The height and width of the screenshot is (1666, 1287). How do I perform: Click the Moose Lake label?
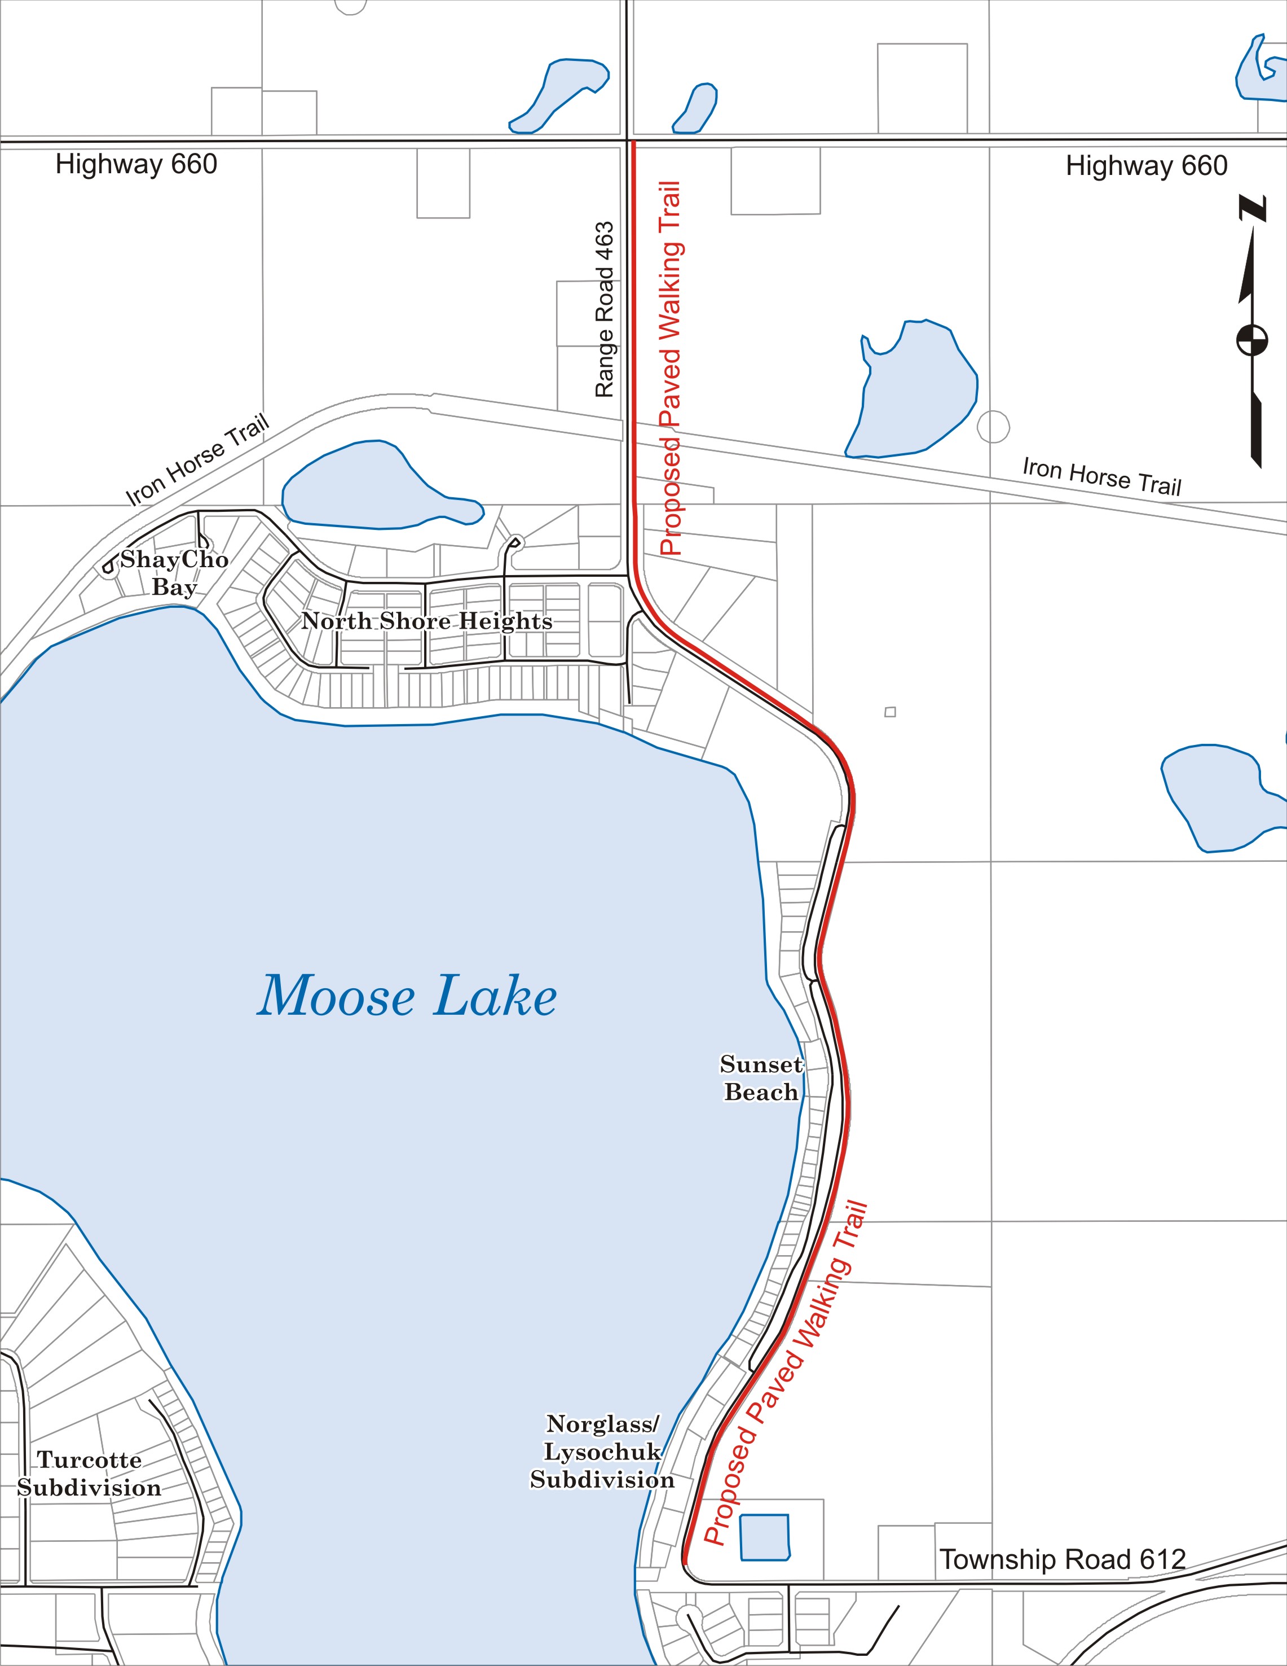pyautogui.click(x=407, y=996)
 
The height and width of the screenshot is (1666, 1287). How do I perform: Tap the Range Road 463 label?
pyautogui.click(x=604, y=310)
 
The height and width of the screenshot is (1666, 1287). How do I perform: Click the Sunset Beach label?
pyautogui.click(x=761, y=1078)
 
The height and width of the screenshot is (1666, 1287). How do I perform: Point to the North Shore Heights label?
pyautogui.click(x=427, y=621)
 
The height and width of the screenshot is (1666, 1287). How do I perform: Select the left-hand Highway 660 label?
pyautogui.click(x=136, y=164)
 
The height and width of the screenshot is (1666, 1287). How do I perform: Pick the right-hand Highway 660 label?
pyautogui.click(x=1146, y=165)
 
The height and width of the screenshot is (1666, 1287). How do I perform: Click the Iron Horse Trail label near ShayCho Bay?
pyautogui.click(x=197, y=459)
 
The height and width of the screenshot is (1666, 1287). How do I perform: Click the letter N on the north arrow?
pyautogui.click(x=1252, y=208)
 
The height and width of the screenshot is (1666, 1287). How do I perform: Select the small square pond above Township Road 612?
pyautogui.click(x=765, y=1536)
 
